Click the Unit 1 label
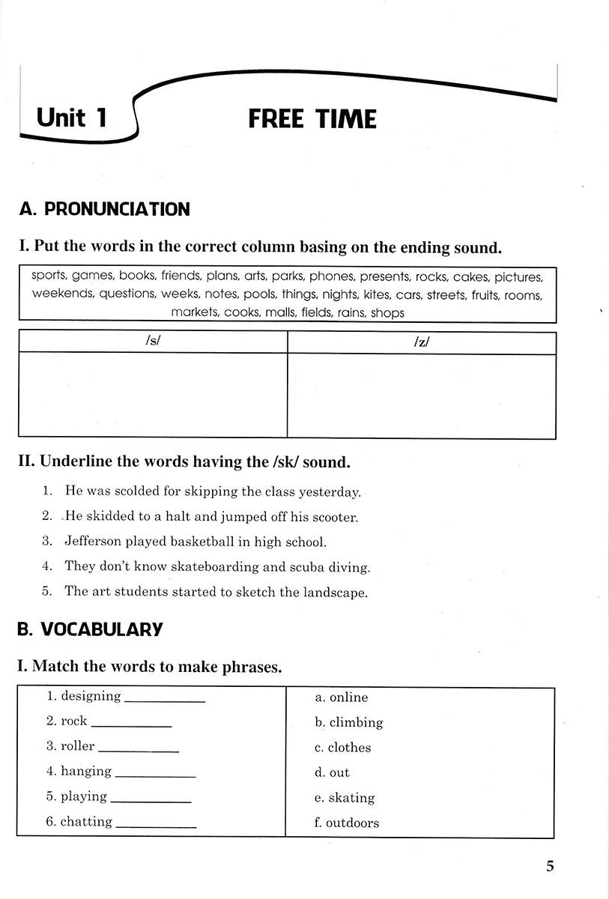coord(72,118)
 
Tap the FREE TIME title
coord(312,119)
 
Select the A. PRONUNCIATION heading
coord(104,209)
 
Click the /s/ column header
coord(153,342)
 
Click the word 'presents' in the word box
coord(385,276)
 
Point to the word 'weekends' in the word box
coord(63,294)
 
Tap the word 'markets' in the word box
coord(193,312)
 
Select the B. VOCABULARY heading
coord(90,629)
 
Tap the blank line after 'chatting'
coord(157,826)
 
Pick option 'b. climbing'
coord(349,722)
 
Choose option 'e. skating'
coord(345,798)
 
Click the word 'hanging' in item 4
coord(86,771)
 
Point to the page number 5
coord(551,866)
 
